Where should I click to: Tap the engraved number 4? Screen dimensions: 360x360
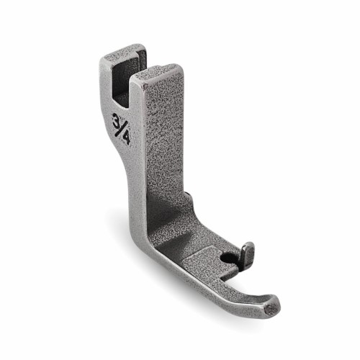pyautogui.click(x=126, y=138)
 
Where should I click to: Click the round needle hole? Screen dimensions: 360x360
pyautogui.click(x=227, y=258)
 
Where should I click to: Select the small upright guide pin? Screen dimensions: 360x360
pyautogui.click(x=248, y=254)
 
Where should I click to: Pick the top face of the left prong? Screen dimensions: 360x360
pyautogui.click(x=120, y=55)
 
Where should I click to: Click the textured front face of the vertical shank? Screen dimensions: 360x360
pyautogui.click(x=166, y=135)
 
